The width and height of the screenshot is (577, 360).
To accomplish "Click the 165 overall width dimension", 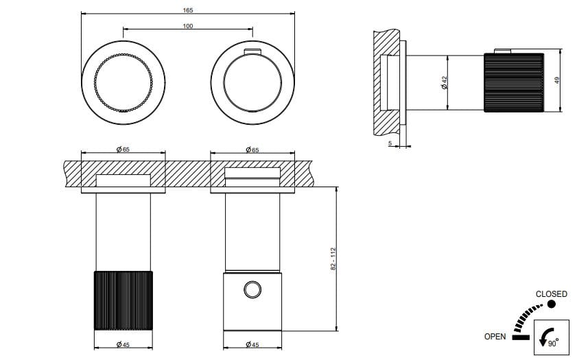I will click(189, 10).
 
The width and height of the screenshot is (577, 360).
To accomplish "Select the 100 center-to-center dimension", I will click(188, 26).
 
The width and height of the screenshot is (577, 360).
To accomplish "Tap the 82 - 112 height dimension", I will click(333, 259).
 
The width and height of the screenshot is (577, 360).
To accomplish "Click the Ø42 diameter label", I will click(445, 82).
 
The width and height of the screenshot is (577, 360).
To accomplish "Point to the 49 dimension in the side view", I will click(558, 80).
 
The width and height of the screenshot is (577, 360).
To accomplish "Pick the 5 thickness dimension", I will click(390, 143).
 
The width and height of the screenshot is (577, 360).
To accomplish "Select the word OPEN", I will click(495, 337).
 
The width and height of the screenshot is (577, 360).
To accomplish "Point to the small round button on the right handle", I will click(252, 290).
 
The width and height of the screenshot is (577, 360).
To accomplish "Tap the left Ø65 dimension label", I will click(123, 149).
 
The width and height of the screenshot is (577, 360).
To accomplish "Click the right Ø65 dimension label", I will click(252, 149).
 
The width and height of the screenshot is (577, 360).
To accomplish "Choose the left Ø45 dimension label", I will click(123, 344).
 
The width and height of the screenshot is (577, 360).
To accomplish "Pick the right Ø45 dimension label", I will click(252, 344).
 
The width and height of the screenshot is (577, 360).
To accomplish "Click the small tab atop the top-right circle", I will click(252, 51).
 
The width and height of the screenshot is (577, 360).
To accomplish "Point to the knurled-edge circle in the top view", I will click(123, 80).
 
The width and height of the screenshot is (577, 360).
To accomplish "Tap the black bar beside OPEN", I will click(520, 337).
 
